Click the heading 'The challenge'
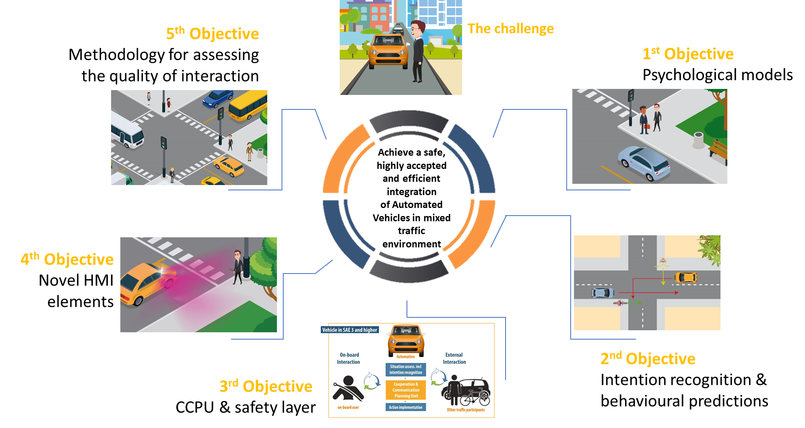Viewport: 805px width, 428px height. coord(510,29)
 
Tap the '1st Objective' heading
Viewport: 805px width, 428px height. coord(688,54)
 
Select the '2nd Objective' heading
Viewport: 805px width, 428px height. coord(648,358)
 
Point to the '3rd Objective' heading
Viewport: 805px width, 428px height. coord(266,386)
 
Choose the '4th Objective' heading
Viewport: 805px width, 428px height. coord(67,259)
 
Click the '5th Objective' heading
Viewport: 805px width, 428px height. coord(212,34)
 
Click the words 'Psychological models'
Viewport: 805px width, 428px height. coord(717,75)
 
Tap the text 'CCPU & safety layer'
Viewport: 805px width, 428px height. coord(246,407)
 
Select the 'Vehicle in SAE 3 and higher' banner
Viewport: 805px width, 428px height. coord(349,330)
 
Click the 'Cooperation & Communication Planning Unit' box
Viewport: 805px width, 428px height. coord(406,390)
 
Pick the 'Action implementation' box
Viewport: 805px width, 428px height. coord(406,407)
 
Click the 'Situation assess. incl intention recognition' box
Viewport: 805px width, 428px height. coord(406,369)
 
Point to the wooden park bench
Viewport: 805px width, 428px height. coord(718,150)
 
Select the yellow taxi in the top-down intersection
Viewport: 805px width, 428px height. coord(685,277)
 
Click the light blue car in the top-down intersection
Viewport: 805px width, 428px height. coord(603,292)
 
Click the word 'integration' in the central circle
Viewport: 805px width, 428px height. coord(411,192)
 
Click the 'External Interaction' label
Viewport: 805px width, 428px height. coord(454,358)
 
